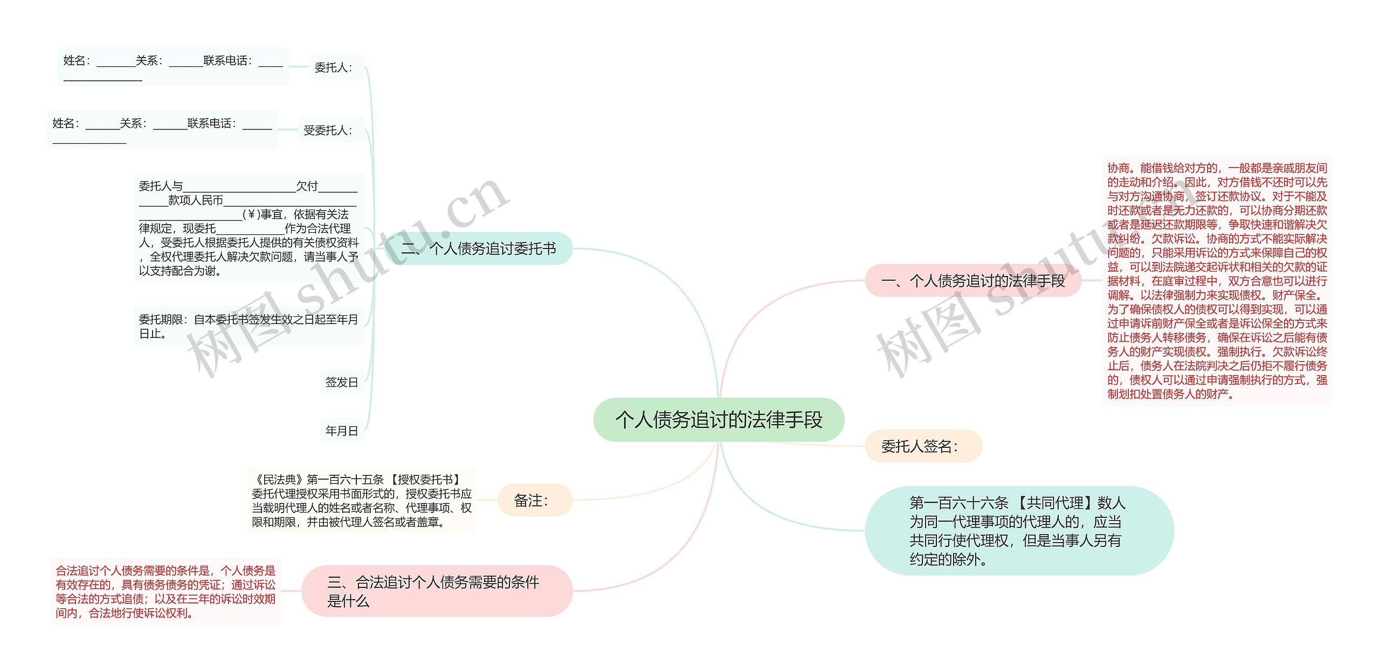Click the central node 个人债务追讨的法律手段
(x=719, y=420)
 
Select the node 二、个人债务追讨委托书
(x=479, y=248)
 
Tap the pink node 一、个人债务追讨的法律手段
(x=973, y=281)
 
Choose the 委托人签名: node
(x=923, y=446)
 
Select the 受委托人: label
(x=328, y=130)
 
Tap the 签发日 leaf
(x=342, y=382)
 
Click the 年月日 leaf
(x=342, y=431)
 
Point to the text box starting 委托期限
(x=249, y=327)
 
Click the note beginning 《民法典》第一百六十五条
(x=362, y=501)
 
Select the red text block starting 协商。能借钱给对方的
(x=1217, y=281)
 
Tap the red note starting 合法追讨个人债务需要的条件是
(x=165, y=591)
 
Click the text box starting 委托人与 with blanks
(x=249, y=228)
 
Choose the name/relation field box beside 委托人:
(x=173, y=67)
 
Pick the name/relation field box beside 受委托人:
(x=162, y=130)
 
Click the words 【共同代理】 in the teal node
(x=1054, y=503)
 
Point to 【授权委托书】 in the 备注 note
(x=426, y=480)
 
